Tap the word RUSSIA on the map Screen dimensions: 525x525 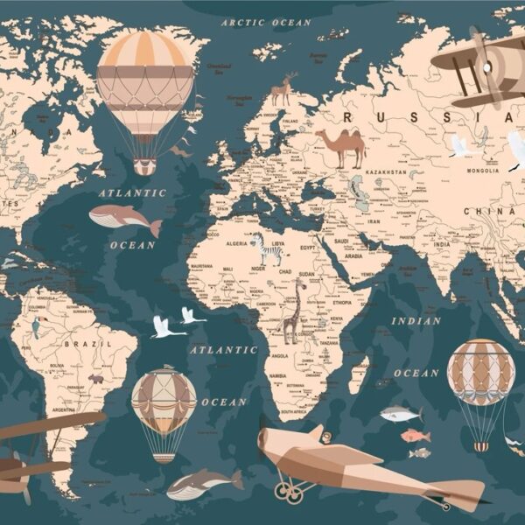click(402, 117)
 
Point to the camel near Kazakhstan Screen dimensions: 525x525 click(341, 147)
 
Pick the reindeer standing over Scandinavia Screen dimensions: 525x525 click(283, 90)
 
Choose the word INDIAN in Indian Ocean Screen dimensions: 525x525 click(416, 321)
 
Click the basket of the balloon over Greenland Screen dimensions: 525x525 click(144, 166)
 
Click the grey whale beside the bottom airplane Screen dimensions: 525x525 click(204, 483)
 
